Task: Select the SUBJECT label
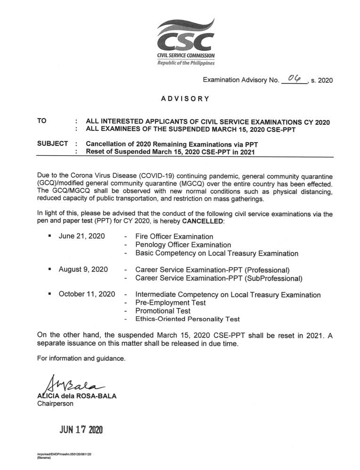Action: pyautogui.click(x=52, y=143)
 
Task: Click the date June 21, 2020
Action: pyautogui.click(x=81, y=236)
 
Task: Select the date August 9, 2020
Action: pyautogui.click(x=83, y=270)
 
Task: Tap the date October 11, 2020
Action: pyautogui.click(x=87, y=295)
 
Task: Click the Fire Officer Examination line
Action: pyautogui.click(x=174, y=237)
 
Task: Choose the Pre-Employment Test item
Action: pyautogui.click(x=170, y=303)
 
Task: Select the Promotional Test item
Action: pyautogui.click(x=163, y=311)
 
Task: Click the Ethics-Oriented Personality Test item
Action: pyautogui.click(x=187, y=319)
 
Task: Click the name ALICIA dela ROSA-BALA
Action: pyautogui.click(x=77, y=396)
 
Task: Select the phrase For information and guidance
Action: pyautogui.click(x=81, y=358)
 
